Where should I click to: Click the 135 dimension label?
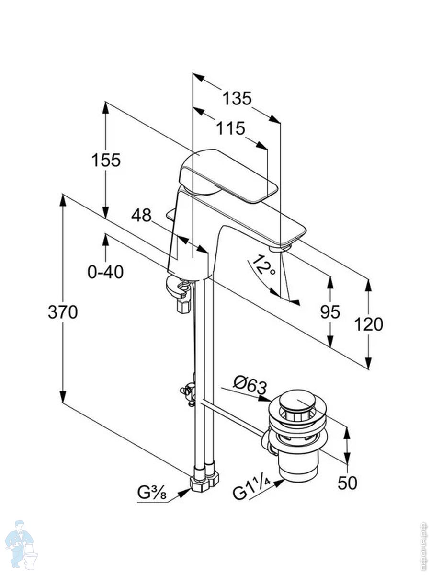point(237,98)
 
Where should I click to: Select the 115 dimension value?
point(230,128)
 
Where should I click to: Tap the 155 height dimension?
point(106,160)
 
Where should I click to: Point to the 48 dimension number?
point(141,216)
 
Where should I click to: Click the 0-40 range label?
point(105,272)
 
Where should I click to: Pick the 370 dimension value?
point(63,312)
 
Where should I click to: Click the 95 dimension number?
point(330,312)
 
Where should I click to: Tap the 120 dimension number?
point(368,324)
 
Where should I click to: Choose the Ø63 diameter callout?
point(250,383)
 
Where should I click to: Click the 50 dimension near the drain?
point(347,483)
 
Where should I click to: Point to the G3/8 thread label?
point(152,492)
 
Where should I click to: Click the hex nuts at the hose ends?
point(205,481)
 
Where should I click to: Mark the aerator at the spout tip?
point(280,248)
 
